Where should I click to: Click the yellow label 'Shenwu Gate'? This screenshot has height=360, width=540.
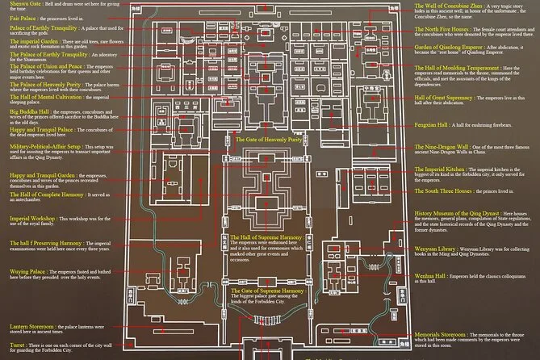26,5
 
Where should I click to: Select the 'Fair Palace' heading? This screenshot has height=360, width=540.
23,17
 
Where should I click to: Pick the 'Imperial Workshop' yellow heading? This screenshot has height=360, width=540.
32,219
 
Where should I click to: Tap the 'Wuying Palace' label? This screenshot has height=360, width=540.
27,270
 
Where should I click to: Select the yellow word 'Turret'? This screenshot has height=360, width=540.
19,320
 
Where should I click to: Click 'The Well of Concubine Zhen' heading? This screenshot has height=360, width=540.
449,5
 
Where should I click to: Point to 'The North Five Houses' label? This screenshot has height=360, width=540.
442,29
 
